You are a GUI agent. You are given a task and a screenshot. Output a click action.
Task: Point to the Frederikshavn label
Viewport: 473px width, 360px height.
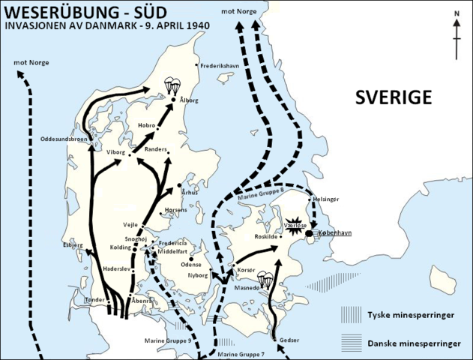click(x=224, y=66)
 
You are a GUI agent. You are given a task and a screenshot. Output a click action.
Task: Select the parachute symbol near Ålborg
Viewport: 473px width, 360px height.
click(x=173, y=86)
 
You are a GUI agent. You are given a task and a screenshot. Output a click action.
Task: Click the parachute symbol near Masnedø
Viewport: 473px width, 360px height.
click(x=265, y=280)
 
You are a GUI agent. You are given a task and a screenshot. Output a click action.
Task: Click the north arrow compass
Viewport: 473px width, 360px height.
click(x=457, y=34)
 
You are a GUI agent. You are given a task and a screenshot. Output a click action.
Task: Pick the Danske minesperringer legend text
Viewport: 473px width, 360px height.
click(x=413, y=343)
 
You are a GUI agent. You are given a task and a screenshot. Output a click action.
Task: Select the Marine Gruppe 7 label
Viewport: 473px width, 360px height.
click(x=241, y=354)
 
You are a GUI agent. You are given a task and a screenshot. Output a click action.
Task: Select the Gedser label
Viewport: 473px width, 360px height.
click(x=289, y=340)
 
